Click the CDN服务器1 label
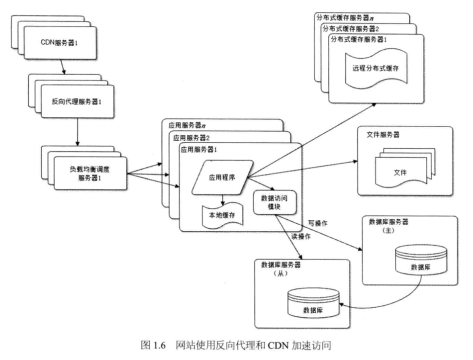(59, 43)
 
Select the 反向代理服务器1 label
(77, 101)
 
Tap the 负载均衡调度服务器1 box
(91, 174)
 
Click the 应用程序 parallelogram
(222, 178)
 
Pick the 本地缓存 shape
(223, 215)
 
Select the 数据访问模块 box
(275, 202)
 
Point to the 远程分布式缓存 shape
(376, 69)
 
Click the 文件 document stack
(405, 168)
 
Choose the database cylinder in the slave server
(313, 303)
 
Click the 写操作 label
(318, 223)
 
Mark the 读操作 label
(301, 236)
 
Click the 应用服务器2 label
(191, 138)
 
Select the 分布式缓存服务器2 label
(351, 29)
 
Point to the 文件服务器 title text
(383, 134)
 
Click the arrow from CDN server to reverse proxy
(63, 67)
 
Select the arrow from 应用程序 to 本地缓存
(223, 200)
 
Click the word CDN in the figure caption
(278, 345)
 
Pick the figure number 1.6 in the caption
(160, 345)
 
